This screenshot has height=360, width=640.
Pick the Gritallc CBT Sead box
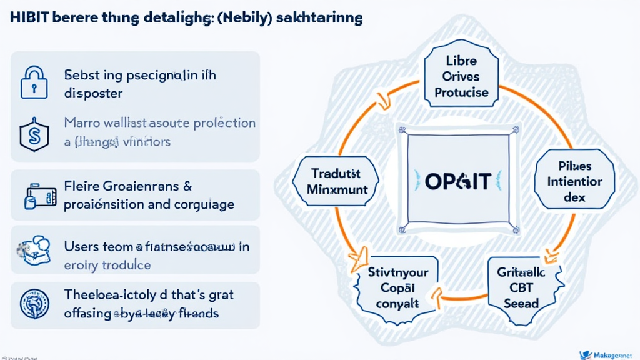(521, 288)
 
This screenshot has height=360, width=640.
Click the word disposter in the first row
(93, 93)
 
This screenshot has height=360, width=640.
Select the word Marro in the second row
(83, 122)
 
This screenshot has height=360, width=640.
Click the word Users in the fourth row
(81, 247)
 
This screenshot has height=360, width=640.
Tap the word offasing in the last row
(87, 313)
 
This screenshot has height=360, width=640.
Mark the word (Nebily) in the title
(244, 17)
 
